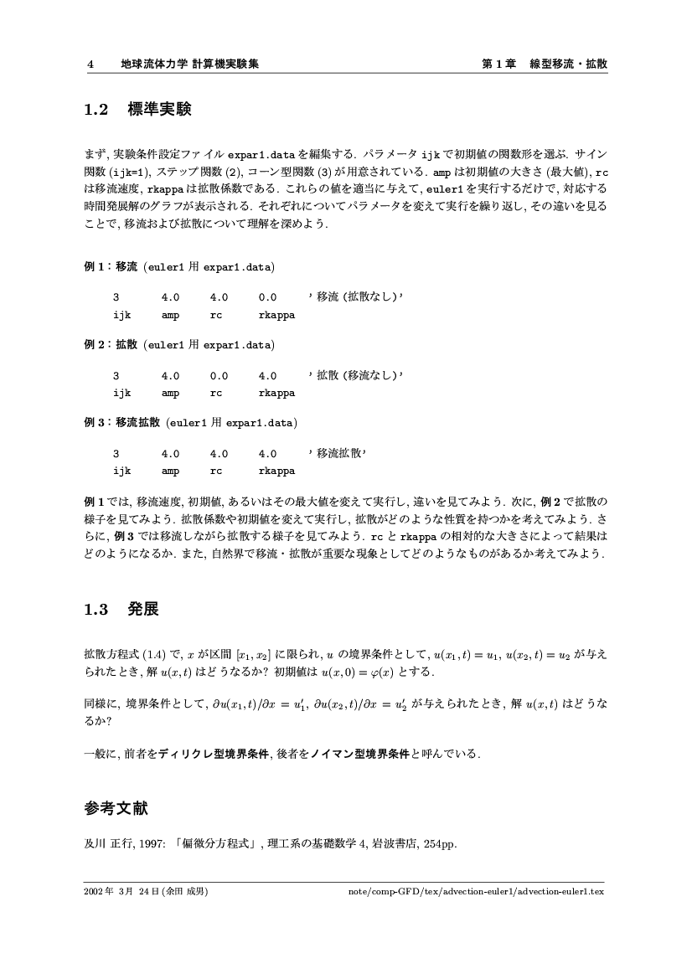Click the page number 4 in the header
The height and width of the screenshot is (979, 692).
point(89,64)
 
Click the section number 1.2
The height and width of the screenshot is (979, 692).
point(97,110)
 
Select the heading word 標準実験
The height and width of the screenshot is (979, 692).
point(159,110)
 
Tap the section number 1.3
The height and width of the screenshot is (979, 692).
point(97,609)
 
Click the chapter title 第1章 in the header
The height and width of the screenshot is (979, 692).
point(498,64)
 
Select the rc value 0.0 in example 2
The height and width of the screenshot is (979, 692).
point(219,376)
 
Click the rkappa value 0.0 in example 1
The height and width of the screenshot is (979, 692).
point(268,296)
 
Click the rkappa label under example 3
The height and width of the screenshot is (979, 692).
point(276,471)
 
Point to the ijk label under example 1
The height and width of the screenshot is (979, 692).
point(122,315)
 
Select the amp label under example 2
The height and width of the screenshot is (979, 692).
point(170,393)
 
